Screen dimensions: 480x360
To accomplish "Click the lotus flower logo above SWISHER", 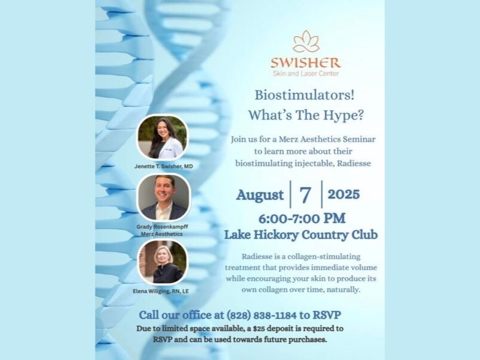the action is pos(306,41).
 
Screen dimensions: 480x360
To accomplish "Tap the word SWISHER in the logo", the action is pos(305,63).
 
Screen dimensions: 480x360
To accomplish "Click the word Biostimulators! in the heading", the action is pos(305,95).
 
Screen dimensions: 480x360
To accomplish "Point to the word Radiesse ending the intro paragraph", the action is pos(354,163).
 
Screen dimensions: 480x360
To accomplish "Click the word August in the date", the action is pos(260,195).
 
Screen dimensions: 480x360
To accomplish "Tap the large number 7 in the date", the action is pos(305,194).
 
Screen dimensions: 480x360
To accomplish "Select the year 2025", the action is pos(344,194).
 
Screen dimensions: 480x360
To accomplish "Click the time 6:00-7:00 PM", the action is pos(302,218).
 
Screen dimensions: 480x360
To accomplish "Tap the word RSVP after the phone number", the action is pos(326,314).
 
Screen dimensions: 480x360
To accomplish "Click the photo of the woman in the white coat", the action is pos(162,137).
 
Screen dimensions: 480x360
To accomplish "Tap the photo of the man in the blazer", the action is pos(164,197).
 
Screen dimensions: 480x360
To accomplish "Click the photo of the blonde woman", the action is pos(163,262).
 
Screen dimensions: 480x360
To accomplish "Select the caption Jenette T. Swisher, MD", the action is pos(163,166).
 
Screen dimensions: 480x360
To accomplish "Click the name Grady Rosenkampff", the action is pos(162,227).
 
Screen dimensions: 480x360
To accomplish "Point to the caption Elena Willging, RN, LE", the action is pos(161,291).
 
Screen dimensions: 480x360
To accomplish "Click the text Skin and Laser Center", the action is pos(306,73).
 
